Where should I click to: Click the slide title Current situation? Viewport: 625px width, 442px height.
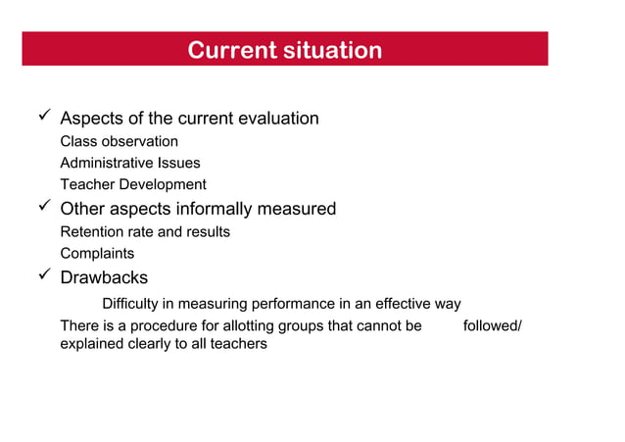(284, 50)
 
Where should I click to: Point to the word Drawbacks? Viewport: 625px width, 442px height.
(104, 278)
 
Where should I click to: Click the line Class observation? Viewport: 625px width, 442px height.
(119, 141)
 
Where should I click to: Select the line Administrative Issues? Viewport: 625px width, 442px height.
(129, 163)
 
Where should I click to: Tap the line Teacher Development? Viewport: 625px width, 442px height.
(133, 184)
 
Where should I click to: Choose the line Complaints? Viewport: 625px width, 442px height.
(97, 254)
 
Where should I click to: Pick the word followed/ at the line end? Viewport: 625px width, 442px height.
(492, 325)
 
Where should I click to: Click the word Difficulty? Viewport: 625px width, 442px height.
(135, 304)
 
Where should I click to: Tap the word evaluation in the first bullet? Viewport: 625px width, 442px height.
(277, 119)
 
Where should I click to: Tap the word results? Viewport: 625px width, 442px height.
(207, 232)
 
